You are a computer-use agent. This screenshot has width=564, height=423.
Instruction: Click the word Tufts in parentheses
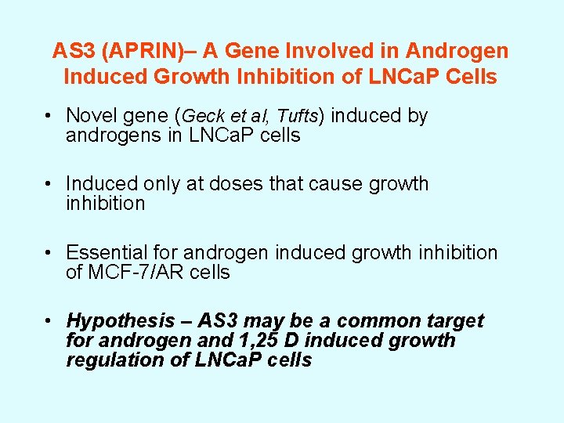coord(298,117)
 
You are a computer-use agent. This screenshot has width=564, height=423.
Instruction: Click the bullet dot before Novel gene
coord(49,116)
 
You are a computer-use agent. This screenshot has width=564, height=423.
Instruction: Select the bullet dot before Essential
coord(49,252)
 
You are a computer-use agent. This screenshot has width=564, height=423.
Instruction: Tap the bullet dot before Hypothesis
coord(49,321)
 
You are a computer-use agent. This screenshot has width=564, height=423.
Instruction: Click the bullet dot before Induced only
coord(49,184)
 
